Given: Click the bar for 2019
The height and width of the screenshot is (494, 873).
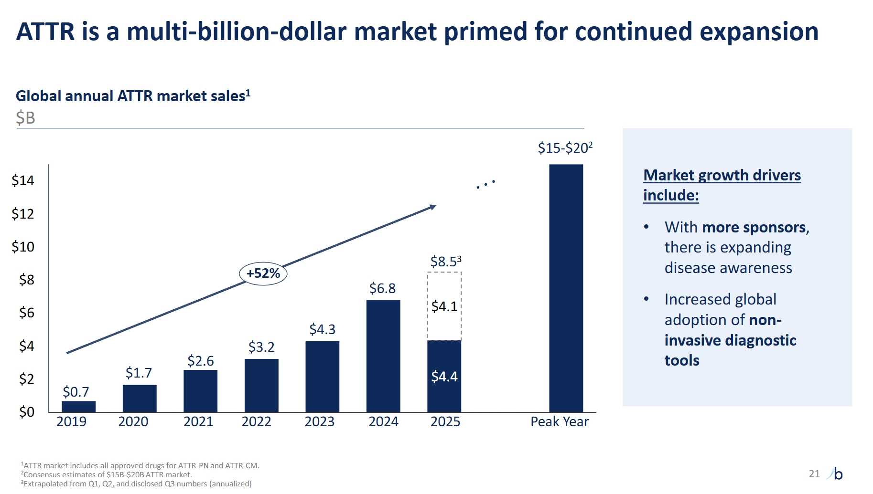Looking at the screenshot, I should tap(78, 407).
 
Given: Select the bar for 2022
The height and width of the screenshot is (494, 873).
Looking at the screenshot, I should tap(261, 386).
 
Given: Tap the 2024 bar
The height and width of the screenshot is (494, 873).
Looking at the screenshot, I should tap(383, 356).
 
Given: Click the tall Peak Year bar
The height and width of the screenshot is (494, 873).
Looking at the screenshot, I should tap(566, 288).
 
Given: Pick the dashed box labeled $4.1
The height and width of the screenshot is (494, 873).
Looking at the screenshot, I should tap(444, 306).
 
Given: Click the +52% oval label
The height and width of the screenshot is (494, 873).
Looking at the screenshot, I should tap(263, 273).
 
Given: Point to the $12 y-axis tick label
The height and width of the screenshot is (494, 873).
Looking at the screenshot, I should tap(23, 214).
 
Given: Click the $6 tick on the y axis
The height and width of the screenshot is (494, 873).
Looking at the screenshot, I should tap(26, 313).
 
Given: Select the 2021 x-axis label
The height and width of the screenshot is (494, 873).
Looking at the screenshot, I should tap(198, 422).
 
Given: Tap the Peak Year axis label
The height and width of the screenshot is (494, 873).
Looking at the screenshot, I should tap(559, 422).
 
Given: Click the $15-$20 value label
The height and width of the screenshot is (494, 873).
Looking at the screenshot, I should tap(564, 148).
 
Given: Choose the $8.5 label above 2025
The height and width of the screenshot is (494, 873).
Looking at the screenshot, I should tap(445, 262).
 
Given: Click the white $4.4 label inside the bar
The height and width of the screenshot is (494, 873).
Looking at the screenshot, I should tap(444, 377).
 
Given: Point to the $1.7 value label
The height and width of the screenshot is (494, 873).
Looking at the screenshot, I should tap(139, 373).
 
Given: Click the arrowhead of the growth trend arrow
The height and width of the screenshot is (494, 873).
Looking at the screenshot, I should tap(433, 207).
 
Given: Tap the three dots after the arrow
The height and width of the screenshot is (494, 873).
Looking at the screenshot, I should tap(485, 184).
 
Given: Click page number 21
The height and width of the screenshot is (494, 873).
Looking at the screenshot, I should tap(814, 473).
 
